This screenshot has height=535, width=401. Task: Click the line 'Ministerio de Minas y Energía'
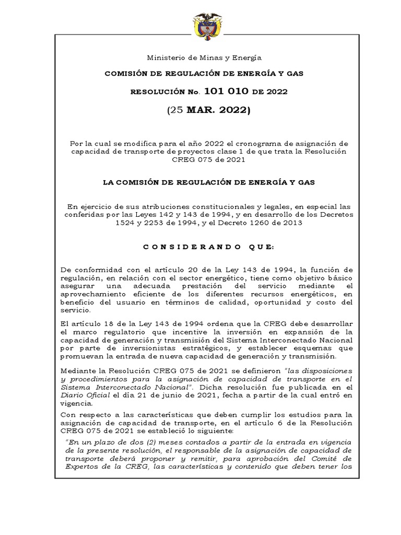tap(204, 57)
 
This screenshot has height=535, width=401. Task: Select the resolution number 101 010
tap(231, 91)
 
